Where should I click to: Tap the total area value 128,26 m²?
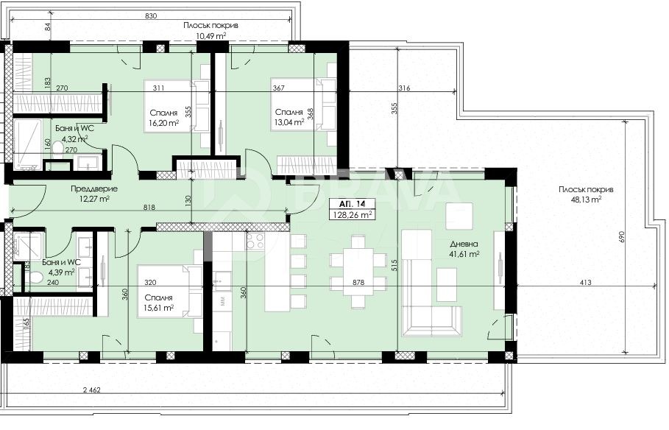352,214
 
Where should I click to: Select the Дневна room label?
464,244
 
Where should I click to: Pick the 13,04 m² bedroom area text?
288,123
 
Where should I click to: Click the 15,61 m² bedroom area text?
158,309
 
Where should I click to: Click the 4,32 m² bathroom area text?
74,138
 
